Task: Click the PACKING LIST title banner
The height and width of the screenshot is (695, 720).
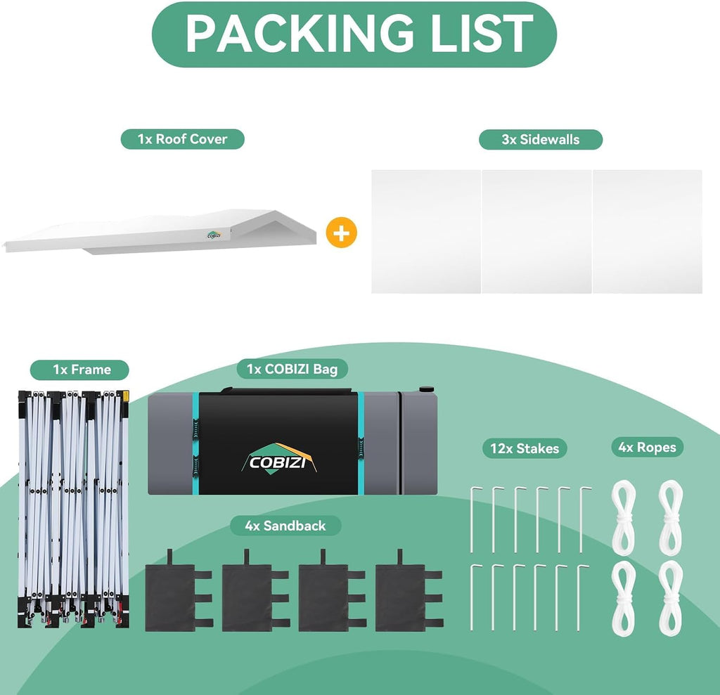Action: (354, 34)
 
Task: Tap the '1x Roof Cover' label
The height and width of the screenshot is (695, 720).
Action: (182, 139)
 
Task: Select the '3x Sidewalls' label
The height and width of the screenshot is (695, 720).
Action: (541, 140)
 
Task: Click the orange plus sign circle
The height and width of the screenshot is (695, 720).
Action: (341, 233)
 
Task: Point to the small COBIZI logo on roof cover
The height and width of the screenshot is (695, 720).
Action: (214, 235)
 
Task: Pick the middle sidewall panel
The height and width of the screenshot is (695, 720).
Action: (536, 231)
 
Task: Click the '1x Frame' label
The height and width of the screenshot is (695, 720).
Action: (79, 370)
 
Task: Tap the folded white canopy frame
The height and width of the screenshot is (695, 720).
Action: (73, 509)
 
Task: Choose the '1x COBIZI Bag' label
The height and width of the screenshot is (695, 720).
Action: (292, 369)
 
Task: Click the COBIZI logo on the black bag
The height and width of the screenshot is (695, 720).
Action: (278, 458)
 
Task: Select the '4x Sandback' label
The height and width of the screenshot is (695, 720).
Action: (285, 526)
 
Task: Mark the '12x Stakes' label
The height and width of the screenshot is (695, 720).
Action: (525, 448)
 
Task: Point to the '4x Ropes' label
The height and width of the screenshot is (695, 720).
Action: (648, 447)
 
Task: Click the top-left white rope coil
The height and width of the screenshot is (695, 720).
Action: (624, 518)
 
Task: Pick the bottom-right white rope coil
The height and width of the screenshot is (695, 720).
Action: (670, 598)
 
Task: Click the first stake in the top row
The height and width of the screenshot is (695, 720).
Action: (472, 519)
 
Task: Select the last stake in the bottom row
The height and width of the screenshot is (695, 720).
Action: (580, 598)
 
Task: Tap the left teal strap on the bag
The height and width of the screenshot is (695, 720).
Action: (195, 443)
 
